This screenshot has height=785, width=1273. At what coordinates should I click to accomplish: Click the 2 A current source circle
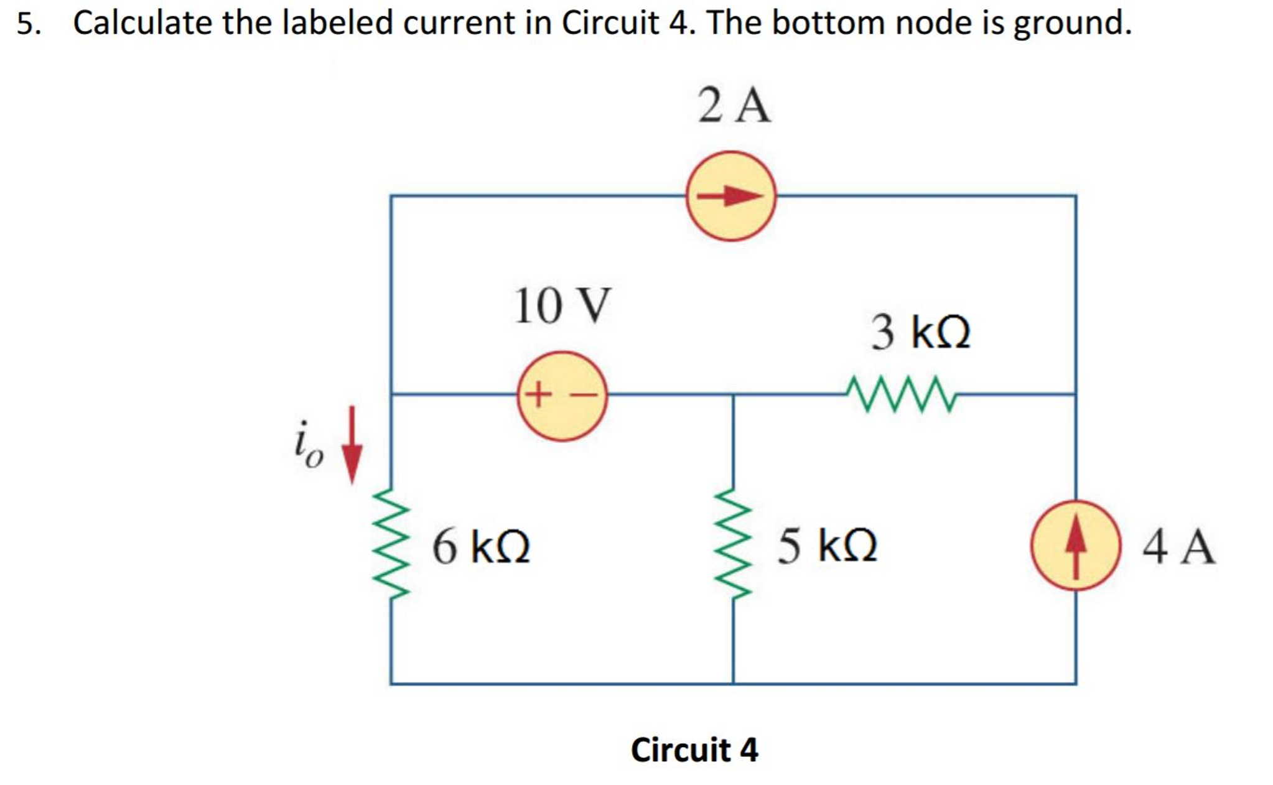730,196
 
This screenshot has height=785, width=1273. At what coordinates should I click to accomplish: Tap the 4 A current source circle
1075,546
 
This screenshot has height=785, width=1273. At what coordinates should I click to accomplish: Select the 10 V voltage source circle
562,396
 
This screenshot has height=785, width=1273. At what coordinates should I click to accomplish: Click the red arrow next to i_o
352,445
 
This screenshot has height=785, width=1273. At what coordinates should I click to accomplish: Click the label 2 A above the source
734,106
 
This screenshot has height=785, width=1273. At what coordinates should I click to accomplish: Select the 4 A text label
1178,547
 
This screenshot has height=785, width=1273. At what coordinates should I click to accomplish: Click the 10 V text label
562,306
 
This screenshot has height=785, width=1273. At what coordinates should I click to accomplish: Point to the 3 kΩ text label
920,332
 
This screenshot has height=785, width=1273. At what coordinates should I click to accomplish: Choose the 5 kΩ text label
827,546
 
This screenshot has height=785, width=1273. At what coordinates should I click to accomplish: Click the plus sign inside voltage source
538,394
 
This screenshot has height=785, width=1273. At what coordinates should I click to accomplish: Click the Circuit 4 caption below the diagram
694,750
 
